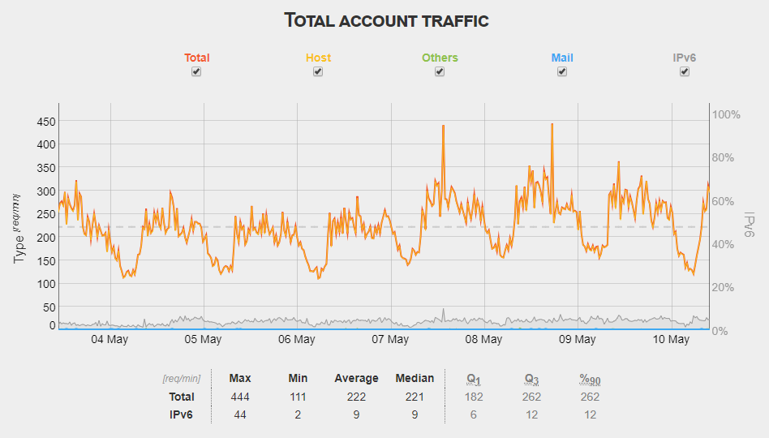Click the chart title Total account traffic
(386, 20)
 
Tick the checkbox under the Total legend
(196, 71)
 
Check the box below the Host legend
(318, 71)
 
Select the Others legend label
(440, 58)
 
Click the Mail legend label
(562, 58)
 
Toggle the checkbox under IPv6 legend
(685, 71)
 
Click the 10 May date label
(672, 339)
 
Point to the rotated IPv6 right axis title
(750, 225)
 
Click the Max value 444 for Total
(240, 397)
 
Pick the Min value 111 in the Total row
(298, 397)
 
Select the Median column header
(415, 378)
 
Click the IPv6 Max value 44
(240, 414)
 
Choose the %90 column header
(590, 379)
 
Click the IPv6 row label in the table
(181, 414)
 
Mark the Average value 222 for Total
(356, 397)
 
